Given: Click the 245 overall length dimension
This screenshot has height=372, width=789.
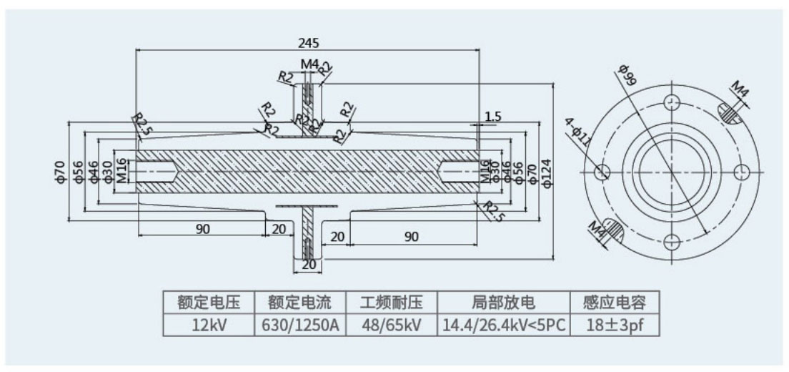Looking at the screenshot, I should [x=309, y=42].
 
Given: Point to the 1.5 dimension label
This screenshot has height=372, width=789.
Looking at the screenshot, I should [x=493, y=116].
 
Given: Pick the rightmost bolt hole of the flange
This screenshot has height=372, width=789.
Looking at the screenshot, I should [x=740, y=172].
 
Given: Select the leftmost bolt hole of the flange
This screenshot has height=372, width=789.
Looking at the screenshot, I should [x=601, y=172].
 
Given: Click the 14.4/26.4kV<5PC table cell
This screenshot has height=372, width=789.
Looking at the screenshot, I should [x=504, y=325].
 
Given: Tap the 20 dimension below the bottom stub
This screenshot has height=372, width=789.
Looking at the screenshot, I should [x=309, y=265].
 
